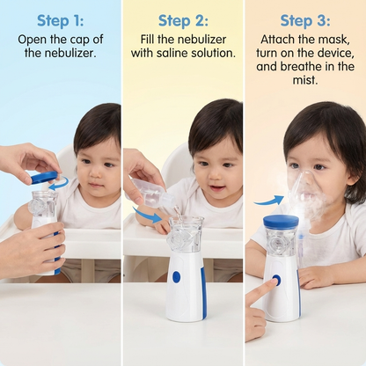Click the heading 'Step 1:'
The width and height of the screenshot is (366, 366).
61,19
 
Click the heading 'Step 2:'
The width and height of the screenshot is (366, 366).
183,19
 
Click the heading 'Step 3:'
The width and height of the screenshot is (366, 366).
304,19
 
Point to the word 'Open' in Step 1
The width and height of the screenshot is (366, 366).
32,40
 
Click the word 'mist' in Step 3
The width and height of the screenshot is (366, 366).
305,81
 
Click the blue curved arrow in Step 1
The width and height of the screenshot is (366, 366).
59,184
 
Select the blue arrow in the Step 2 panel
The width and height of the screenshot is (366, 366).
147,214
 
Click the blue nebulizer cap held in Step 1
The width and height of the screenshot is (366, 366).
44,178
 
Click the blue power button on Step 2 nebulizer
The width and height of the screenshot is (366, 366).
176,276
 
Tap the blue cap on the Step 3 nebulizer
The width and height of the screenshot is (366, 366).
281,222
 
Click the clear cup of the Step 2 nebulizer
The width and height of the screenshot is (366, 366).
185,236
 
